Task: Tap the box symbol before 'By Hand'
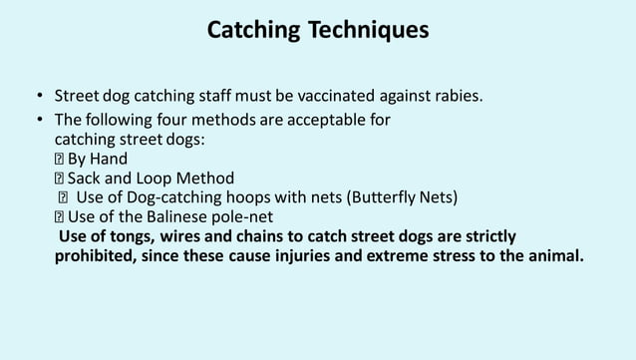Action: click(59, 160)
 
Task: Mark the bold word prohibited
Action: click(97, 255)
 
